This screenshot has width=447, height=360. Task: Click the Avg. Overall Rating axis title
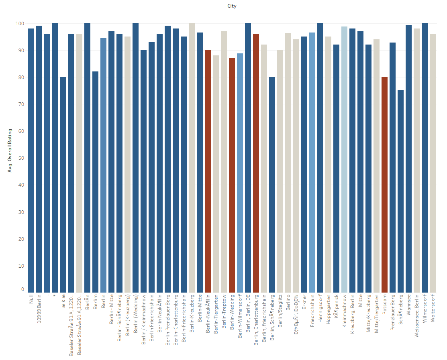(x=10, y=151)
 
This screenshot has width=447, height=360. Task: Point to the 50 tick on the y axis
(x=21, y=158)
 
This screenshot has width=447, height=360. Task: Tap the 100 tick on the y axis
(x=20, y=24)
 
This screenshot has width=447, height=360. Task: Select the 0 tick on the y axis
(x=22, y=289)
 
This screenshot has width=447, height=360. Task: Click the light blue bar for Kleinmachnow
(x=344, y=159)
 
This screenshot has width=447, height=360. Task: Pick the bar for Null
(x=31, y=161)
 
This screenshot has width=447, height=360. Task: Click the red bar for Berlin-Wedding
(x=232, y=175)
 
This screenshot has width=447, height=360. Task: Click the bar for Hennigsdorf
(x=320, y=158)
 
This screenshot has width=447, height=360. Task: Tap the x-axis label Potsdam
(x=385, y=305)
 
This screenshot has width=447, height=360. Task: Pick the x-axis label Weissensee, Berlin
(x=417, y=316)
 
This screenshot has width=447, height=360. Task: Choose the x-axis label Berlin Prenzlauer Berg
(x=168, y=319)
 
